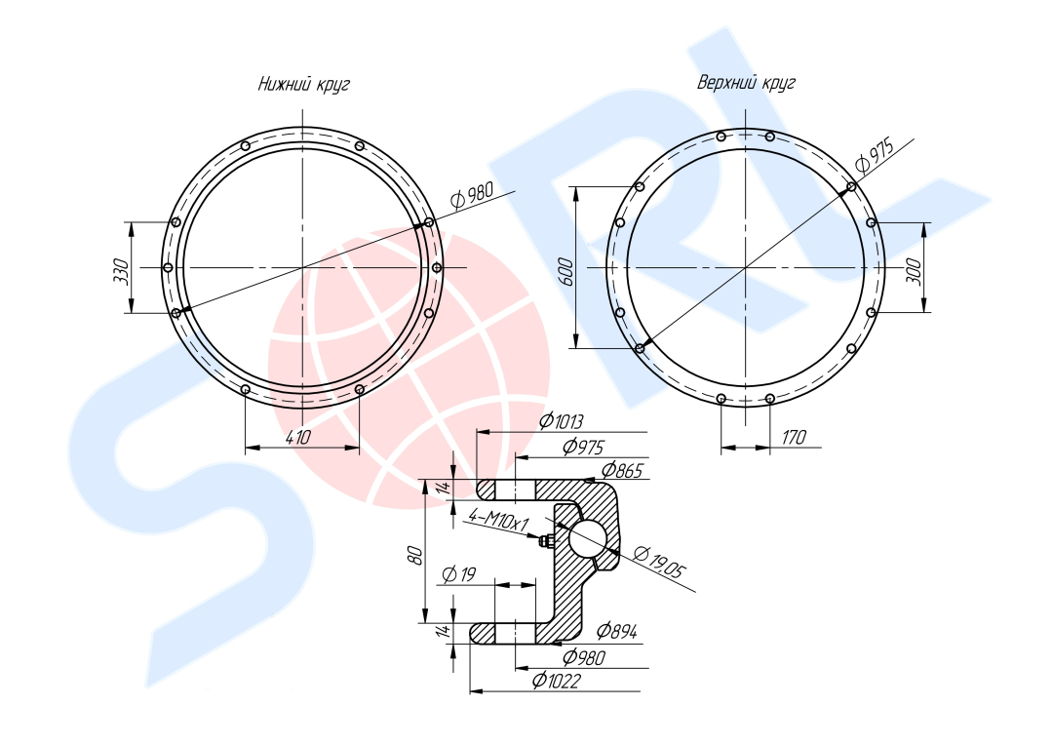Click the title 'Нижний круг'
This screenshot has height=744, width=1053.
click(x=303, y=85)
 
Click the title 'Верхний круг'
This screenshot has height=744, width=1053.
click(x=746, y=83)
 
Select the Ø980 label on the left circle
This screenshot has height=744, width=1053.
click(x=472, y=195)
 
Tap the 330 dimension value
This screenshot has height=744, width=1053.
click(x=122, y=271)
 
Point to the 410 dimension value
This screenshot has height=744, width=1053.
click(x=298, y=438)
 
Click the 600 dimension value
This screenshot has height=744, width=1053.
click(x=566, y=272)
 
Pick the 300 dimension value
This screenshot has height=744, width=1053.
click(x=914, y=270)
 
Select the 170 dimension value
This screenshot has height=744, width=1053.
click(x=793, y=438)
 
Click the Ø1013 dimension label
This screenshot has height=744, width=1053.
click(x=562, y=421)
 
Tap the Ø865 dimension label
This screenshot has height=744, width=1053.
click(x=622, y=470)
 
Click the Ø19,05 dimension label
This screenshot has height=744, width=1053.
click(x=660, y=562)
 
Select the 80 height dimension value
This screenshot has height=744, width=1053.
click(x=415, y=555)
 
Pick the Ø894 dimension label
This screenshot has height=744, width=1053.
click(x=617, y=631)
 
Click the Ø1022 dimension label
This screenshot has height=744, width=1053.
click(x=556, y=681)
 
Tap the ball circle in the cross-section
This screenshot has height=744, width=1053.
click(x=589, y=538)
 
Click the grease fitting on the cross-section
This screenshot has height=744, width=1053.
click(x=546, y=540)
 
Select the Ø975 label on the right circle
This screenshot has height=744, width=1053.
click(x=875, y=155)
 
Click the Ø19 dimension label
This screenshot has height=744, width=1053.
click(x=460, y=574)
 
